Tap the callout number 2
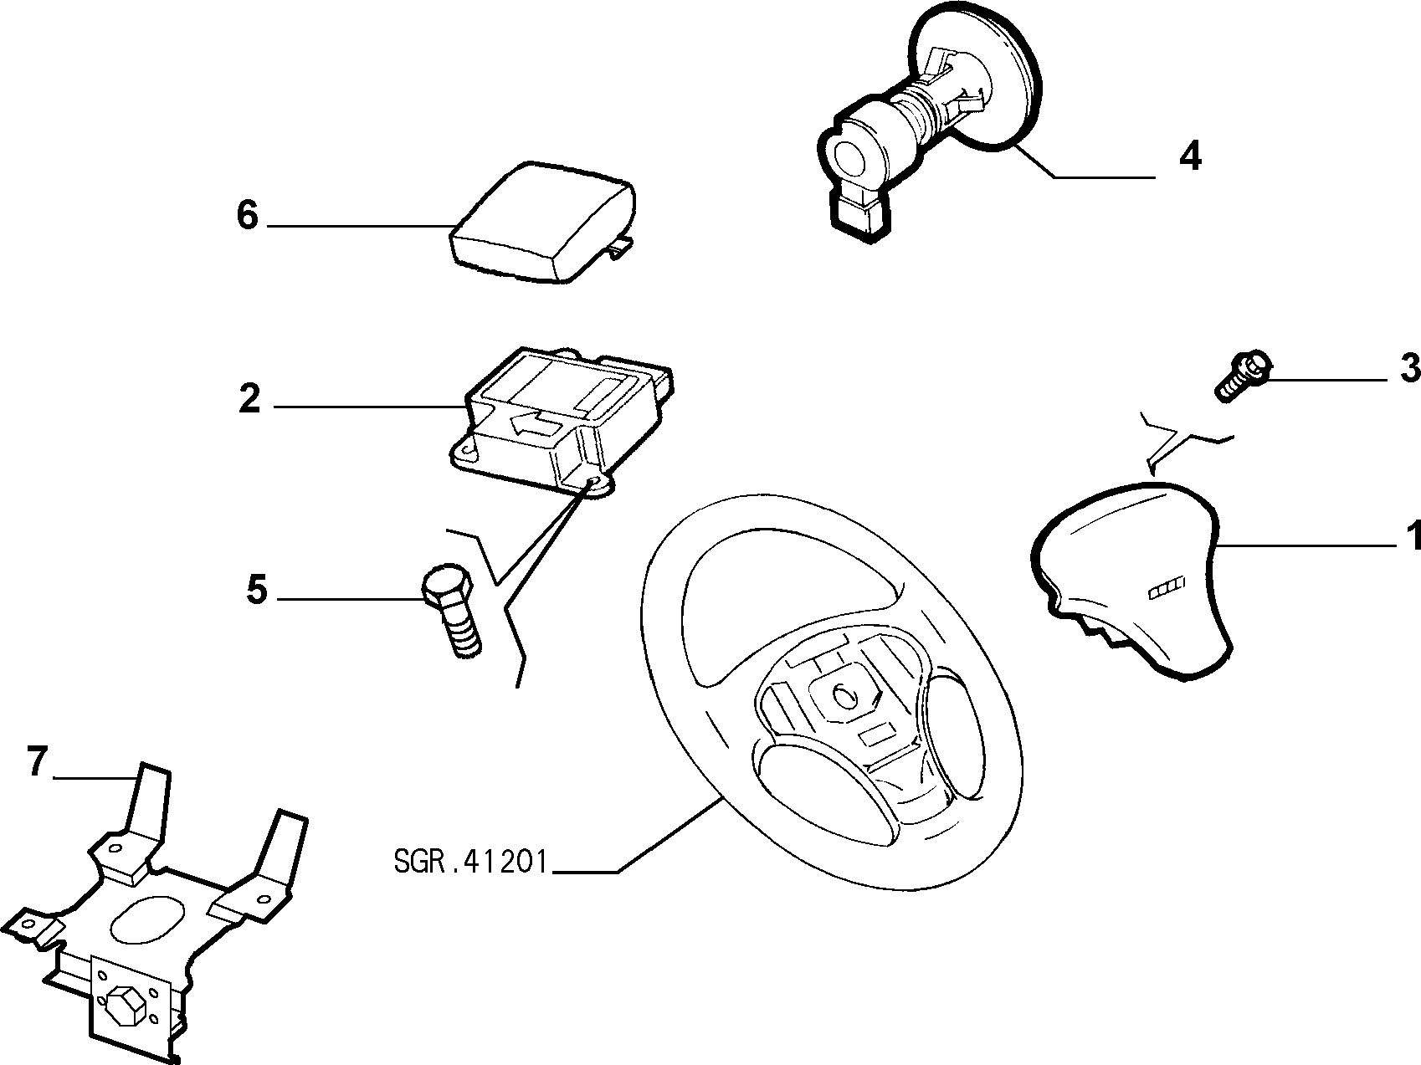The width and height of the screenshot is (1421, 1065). [x=249, y=399]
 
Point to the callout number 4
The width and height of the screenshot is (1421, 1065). [x=1189, y=156]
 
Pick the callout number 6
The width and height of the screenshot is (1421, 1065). [x=248, y=216]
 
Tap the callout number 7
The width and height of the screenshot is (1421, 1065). [x=36, y=763]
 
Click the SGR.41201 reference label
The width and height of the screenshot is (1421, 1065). [x=469, y=862]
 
